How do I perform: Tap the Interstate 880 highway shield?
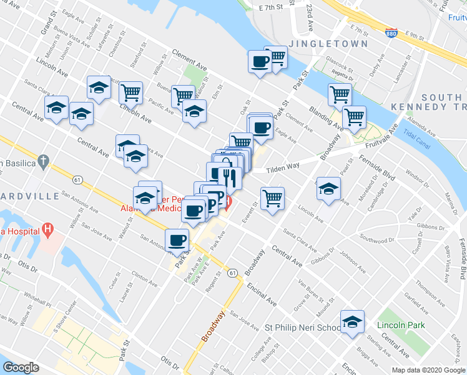(390, 32)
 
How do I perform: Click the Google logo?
(21, 367)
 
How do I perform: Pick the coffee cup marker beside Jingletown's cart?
(260, 61)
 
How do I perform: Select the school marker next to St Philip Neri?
(353, 322)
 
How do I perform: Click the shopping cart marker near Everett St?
(272, 198)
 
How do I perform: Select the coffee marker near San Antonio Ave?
(177, 239)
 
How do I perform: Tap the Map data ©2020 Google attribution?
(428, 370)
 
